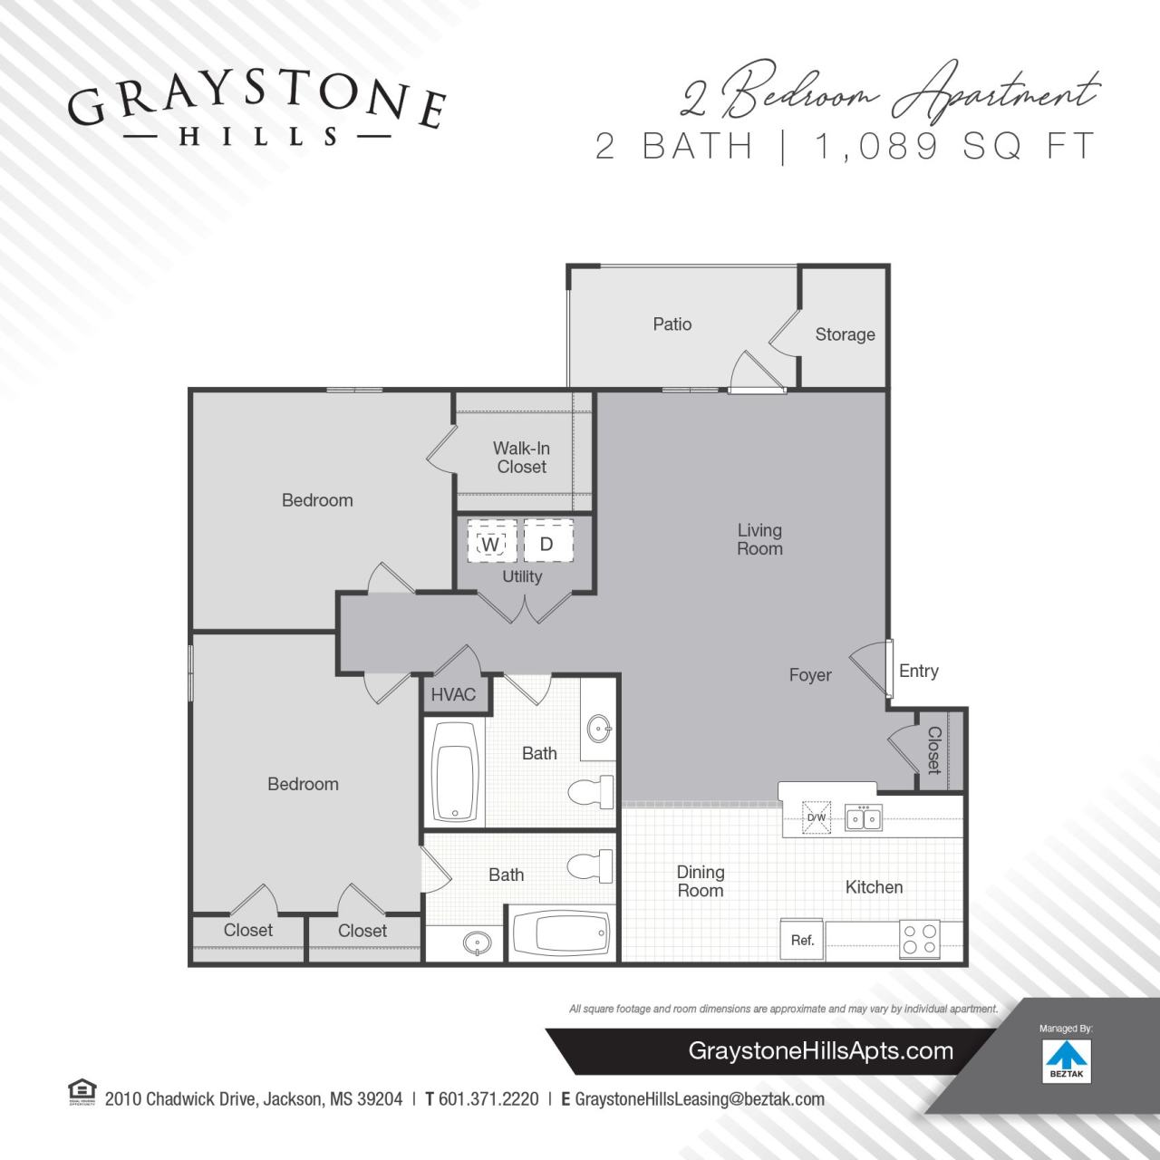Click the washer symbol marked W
click(491, 544)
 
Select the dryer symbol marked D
click(547, 544)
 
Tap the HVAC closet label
click(453, 695)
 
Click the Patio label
click(672, 324)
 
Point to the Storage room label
click(845, 334)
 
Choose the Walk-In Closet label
click(521, 458)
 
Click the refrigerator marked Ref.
click(803, 940)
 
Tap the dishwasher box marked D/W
click(817, 817)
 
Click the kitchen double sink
click(864, 817)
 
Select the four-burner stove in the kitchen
click(919, 939)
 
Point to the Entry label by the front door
click(919, 672)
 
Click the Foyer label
click(810, 675)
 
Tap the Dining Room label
click(701, 881)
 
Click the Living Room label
click(759, 539)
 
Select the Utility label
click(522, 576)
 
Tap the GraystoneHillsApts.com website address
click(821, 1051)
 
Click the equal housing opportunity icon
click(82, 1093)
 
